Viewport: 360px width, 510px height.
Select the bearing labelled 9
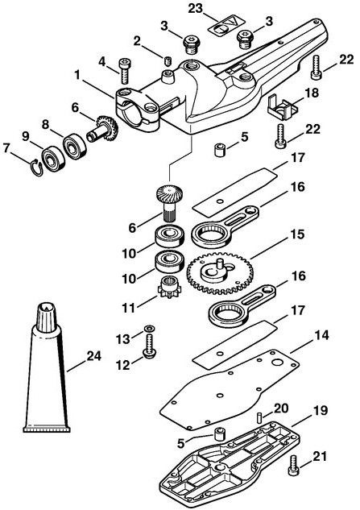[x=52, y=158]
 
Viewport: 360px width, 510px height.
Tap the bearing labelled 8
[x=75, y=146]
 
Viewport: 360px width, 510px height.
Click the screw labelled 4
[x=124, y=71]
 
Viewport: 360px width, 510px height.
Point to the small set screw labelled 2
[x=168, y=60]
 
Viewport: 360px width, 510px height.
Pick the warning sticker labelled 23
[x=226, y=25]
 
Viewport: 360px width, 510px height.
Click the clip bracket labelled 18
[x=283, y=106]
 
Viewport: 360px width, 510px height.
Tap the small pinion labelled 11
[x=168, y=287]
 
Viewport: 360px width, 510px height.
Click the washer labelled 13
[x=149, y=328]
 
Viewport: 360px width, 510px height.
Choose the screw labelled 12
[x=149, y=346]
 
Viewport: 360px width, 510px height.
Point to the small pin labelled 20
[x=259, y=417]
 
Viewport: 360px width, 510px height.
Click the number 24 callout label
[x=94, y=356]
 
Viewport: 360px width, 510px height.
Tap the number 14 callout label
[x=321, y=335]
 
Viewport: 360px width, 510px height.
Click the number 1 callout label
[x=77, y=75]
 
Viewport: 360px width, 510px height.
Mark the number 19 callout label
[x=321, y=410]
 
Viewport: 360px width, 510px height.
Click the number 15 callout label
[x=297, y=234]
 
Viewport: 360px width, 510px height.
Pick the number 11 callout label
[x=128, y=309]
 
